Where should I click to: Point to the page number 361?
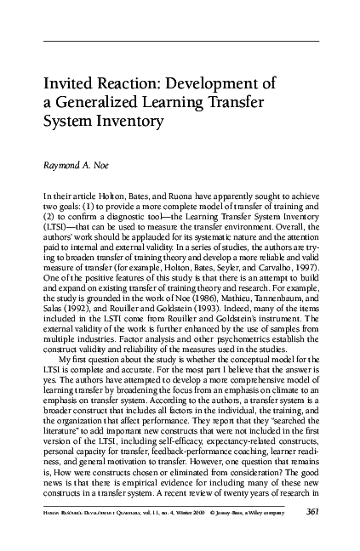tap(316, 510)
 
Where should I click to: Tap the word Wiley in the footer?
tap(273, 511)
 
